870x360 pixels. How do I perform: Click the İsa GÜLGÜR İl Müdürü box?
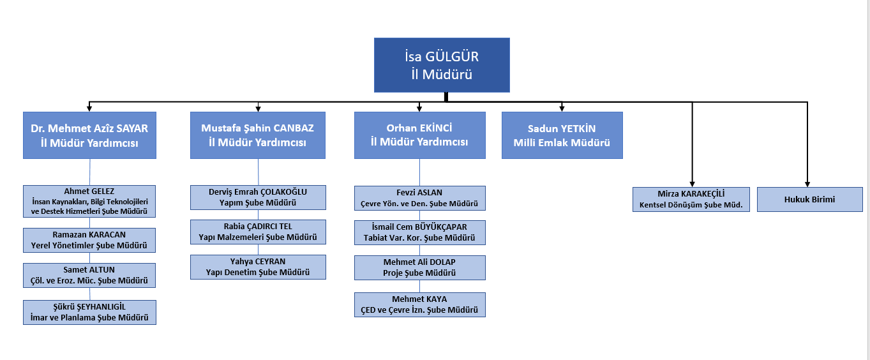pos(442,65)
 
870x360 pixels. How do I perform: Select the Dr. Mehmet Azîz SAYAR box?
pos(89,135)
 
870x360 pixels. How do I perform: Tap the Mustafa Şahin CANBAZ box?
pos(258,135)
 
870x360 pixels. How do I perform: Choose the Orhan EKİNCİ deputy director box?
pos(419,135)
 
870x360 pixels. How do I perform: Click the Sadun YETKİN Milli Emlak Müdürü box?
pos(562,135)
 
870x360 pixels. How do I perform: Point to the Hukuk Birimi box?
pos(809,199)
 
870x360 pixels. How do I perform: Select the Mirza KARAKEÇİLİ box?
pos(691,199)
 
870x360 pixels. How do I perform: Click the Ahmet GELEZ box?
pos(89,201)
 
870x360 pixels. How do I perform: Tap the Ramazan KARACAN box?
pos(89,239)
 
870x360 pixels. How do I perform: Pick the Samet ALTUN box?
pos(89,275)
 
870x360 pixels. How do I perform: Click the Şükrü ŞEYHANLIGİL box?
pos(89,312)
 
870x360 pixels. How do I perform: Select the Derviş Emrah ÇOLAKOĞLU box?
pos(258,197)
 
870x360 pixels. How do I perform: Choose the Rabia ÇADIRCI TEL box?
pos(258,232)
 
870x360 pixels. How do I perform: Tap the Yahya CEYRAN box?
pos(258,267)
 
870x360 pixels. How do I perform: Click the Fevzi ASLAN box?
pos(419,198)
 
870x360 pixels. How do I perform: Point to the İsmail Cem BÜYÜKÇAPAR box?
pos(419,232)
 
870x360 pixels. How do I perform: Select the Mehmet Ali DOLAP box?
pos(419,267)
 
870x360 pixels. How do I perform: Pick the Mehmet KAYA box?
pos(419,304)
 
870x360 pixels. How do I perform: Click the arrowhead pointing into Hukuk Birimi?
pos(807,183)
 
